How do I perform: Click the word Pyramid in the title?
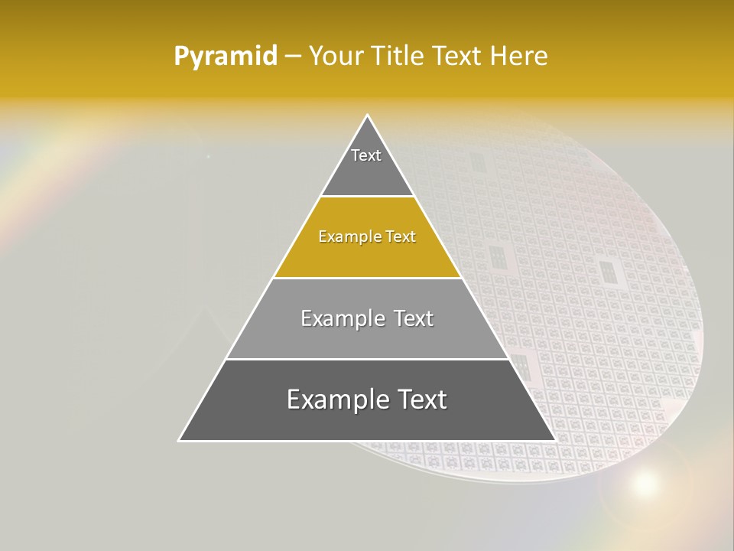point(225,57)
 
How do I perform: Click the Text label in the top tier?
point(366,155)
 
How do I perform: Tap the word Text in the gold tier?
point(401,236)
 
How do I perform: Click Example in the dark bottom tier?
point(331,399)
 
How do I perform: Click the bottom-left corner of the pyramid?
point(179,440)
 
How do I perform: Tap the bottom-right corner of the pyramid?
point(555,440)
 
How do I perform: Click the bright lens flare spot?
point(645,483)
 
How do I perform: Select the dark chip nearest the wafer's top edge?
point(478,162)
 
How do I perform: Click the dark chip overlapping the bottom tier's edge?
point(520,366)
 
